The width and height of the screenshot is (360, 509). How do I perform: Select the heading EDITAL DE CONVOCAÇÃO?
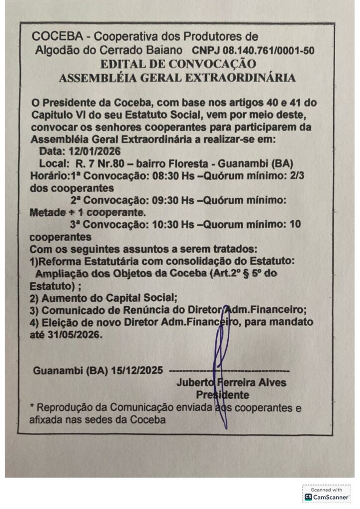[178, 64]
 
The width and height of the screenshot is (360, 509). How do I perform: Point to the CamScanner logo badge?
[327, 494]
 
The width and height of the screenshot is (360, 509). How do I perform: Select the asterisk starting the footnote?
[32, 407]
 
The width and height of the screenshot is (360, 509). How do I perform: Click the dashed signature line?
[229, 370]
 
